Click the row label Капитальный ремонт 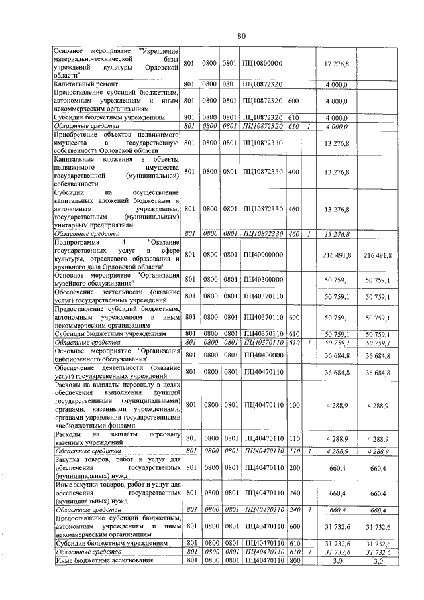(x=85, y=84)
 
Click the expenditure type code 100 (x=294, y=404)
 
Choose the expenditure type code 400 (x=294, y=172)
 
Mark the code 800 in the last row (x=294, y=561)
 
